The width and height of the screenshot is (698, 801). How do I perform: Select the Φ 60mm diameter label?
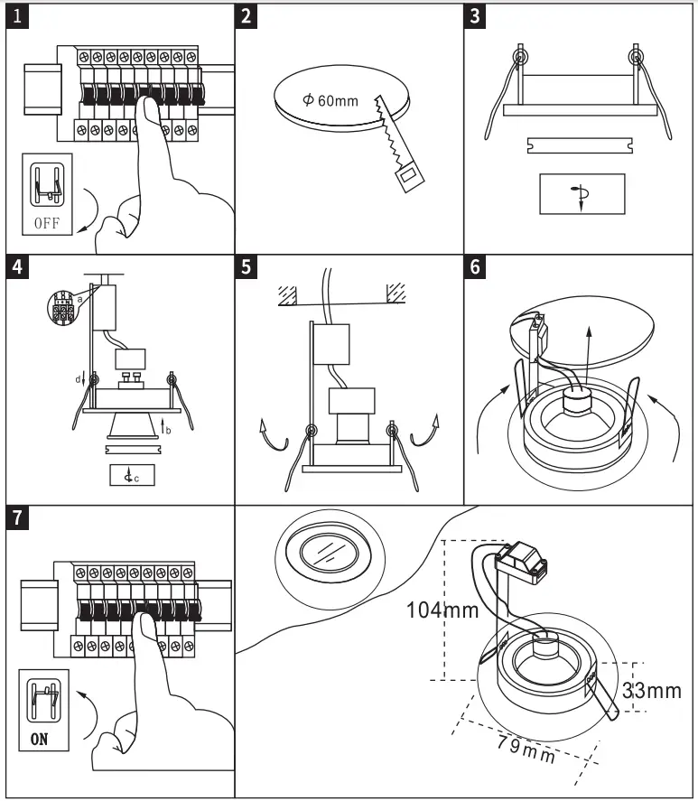[x=331, y=99]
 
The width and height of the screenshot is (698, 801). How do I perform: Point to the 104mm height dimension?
[x=442, y=610]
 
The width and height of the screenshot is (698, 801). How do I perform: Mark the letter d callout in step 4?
[x=79, y=379]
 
